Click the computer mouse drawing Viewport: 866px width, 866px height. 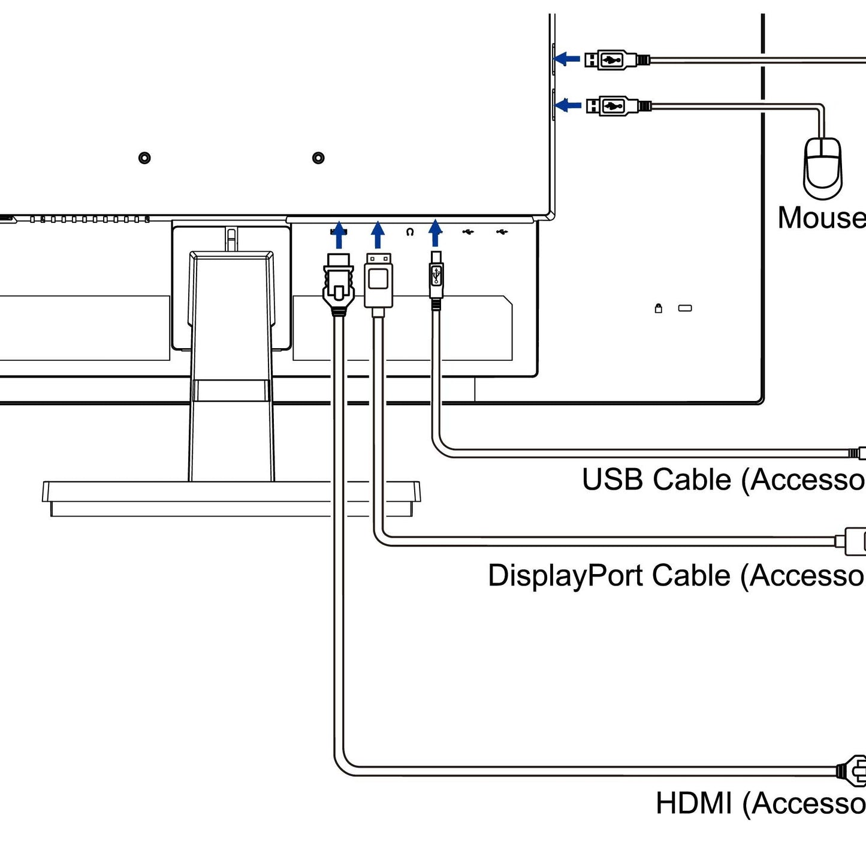click(x=823, y=168)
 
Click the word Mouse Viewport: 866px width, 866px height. click(x=821, y=218)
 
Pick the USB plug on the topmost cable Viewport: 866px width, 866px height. click(x=611, y=60)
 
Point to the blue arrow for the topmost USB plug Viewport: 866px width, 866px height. click(x=567, y=59)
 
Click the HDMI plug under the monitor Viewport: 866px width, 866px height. click(x=339, y=283)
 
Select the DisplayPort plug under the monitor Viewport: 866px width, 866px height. click(x=378, y=280)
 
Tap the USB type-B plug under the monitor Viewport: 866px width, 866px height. click(x=436, y=277)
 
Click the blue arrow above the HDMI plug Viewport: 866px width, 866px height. click(x=339, y=234)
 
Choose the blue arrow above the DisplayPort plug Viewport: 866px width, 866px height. click(x=378, y=234)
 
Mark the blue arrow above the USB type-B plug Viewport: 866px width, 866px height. click(x=436, y=233)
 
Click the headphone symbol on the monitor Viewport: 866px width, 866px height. click(x=410, y=232)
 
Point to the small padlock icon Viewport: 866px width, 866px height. click(x=659, y=308)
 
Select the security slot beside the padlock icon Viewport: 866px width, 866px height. click(x=685, y=308)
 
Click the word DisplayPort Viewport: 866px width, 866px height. click(x=566, y=576)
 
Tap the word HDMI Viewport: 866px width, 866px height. click(x=694, y=804)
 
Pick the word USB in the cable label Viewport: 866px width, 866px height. click(x=612, y=480)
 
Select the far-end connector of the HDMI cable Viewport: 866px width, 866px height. click(x=854, y=770)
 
